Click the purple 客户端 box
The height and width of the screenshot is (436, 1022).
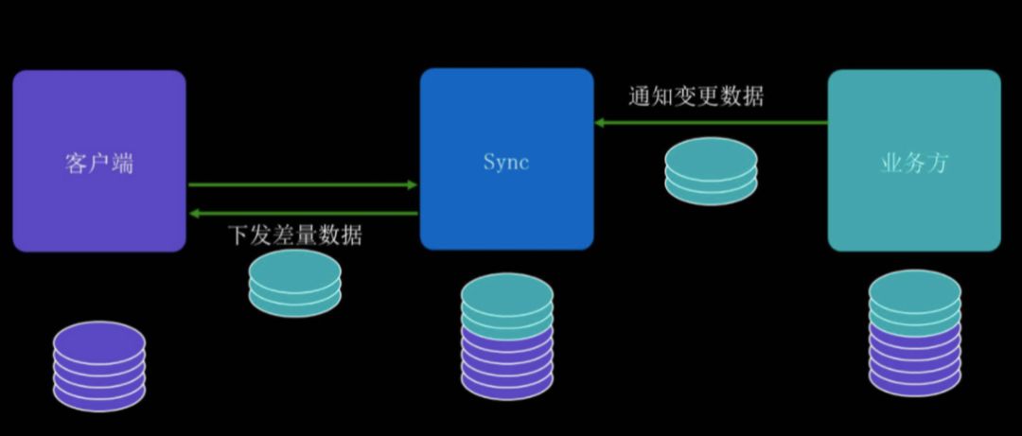point(99,161)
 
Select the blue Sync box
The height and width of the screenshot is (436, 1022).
point(506,159)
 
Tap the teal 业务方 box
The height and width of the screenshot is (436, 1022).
point(914,161)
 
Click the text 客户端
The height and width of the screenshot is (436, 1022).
point(99,163)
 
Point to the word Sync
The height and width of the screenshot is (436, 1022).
point(505,162)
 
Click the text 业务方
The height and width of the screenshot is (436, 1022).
point(914,163)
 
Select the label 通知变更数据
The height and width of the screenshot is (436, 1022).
point(696,96)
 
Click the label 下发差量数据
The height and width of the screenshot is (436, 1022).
point(294,235)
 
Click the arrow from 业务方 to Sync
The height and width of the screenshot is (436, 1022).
point(711,122)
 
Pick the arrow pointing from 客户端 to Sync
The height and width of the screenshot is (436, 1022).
point(303,184)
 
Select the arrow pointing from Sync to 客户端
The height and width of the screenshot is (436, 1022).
point(303,213)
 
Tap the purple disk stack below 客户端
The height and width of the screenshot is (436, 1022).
point(99,366)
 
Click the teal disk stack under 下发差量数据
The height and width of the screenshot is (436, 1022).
point(294,283)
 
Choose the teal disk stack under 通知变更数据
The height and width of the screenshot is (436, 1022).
point(711,171)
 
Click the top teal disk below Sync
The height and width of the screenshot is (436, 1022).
point(507,294)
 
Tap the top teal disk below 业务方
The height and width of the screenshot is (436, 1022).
point(914,291)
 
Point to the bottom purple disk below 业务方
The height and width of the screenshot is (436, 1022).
point(914,376)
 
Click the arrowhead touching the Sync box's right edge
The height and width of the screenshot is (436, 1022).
point(600,122)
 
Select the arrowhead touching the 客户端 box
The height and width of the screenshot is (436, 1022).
point(194,213)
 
